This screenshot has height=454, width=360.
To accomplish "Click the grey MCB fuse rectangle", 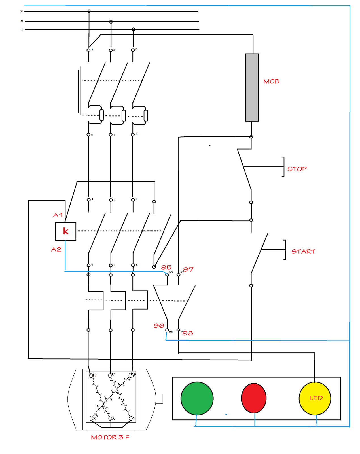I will pos(252,87).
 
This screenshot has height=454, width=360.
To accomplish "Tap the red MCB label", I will pos(271,81).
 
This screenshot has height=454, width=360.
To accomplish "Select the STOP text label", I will pos(297,169).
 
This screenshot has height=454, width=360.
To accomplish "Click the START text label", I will pos(303,251).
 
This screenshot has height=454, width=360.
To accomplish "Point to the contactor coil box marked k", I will pos(65,231).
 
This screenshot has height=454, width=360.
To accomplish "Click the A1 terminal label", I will pos(58,215).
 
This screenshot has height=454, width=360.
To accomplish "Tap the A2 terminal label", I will pos(56,249).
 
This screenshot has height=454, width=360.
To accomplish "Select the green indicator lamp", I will pos(197,398).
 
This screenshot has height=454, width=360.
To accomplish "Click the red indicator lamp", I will pos(253,398).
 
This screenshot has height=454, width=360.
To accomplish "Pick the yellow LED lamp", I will pos(315,398).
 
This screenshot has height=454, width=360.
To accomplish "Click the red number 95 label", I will pos(166,267).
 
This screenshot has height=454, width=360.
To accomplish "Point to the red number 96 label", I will pos(159,326).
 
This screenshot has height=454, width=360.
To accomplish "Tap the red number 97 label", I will pos(189,269).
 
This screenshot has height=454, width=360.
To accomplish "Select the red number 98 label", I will pos(188,333).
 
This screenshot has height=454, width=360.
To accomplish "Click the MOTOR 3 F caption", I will pos(110,437).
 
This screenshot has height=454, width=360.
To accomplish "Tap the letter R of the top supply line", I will pos(22,12).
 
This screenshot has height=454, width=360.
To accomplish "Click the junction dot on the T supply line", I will pos(133,30).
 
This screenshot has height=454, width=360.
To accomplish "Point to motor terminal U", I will pos(91,375).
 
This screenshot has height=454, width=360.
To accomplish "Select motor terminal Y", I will pos(131,418).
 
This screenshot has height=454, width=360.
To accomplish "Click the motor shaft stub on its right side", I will pos(159,398).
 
